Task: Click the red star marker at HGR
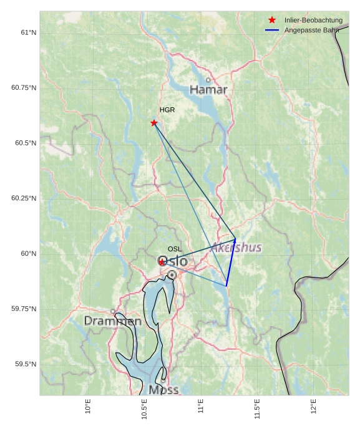[154, 123]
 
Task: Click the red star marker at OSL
[162, 262]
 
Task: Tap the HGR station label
[167, 110]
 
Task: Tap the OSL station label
[175, 249]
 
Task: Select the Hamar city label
[208, 90]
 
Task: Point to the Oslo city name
[173, 261]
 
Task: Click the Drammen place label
[113, 321]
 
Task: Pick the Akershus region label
[236, 248]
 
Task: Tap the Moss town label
[164, 390]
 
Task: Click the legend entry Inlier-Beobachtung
[313, 20]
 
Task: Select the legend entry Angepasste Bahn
[313, 30]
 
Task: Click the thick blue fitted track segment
[231, 263]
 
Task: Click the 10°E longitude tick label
[88, 407]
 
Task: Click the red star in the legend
[272, 20]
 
